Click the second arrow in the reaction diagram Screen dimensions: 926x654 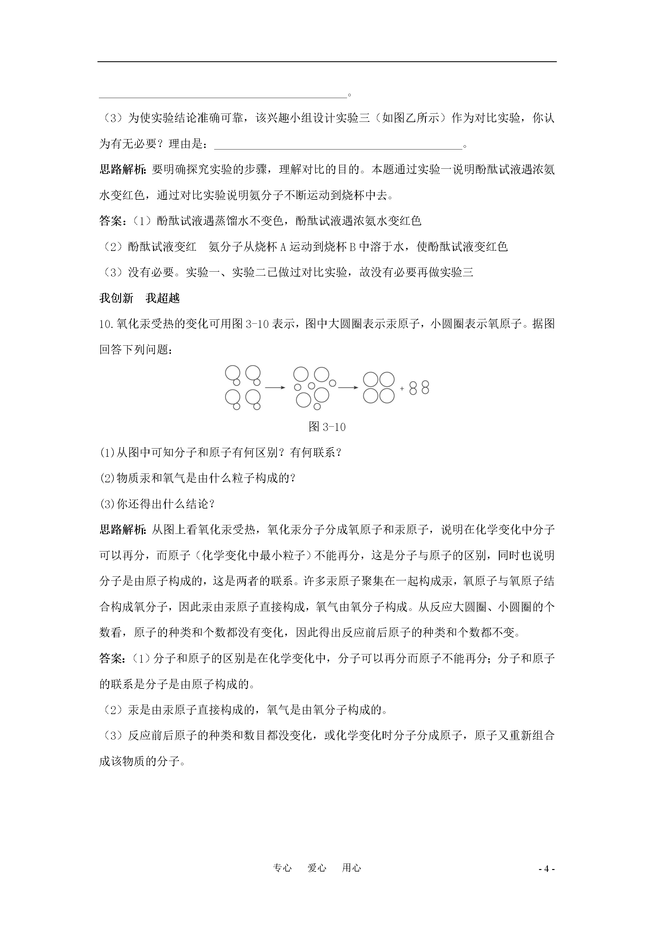point(348,388)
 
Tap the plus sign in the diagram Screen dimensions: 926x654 point(402,388)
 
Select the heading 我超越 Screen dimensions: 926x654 point(162,298)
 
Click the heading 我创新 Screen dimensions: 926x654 point(116,298)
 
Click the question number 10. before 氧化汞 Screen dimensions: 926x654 point(107,324)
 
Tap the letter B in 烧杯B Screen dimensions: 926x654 point(352,247)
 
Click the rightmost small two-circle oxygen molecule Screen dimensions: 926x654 point(425,388)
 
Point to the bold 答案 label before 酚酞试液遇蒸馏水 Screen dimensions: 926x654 point(111,221)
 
